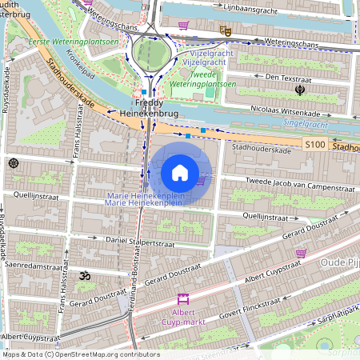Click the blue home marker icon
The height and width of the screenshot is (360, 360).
180,173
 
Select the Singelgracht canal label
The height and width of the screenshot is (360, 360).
306,123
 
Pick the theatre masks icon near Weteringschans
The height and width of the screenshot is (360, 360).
226,30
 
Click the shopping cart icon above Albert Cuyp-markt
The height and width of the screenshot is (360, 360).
182,299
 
